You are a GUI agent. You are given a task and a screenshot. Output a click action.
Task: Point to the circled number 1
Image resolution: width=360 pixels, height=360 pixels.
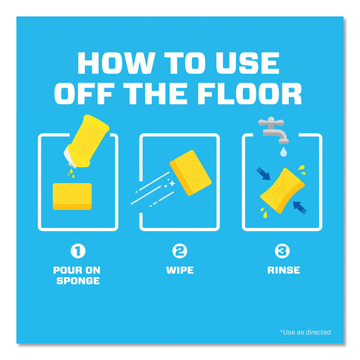78,251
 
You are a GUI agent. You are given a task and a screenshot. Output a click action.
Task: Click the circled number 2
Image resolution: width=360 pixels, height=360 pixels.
179,251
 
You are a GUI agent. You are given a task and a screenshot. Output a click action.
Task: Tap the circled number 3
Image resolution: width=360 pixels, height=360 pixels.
282,251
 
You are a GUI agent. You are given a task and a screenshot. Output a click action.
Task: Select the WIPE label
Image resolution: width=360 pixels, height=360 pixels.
180,270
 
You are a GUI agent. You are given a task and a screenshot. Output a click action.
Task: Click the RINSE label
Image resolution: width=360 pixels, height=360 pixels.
283,270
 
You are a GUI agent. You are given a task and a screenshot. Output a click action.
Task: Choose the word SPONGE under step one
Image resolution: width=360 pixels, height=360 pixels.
78,281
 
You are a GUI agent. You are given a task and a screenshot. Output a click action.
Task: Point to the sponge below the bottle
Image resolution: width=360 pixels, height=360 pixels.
72,196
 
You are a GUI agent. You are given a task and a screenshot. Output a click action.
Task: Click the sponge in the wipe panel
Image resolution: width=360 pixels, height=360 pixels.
190,173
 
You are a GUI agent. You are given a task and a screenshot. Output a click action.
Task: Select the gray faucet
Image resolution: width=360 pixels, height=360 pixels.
273,130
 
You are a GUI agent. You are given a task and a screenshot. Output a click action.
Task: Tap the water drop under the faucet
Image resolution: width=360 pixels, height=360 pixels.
283,152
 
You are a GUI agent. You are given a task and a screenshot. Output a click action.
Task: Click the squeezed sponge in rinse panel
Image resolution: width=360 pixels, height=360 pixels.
282,191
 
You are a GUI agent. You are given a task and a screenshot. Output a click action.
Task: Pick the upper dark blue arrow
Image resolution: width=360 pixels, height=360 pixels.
263,174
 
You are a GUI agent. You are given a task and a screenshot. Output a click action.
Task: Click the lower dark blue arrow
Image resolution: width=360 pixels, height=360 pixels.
300,208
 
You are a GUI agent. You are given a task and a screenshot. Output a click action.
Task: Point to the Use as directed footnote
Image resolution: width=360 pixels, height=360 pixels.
305,332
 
